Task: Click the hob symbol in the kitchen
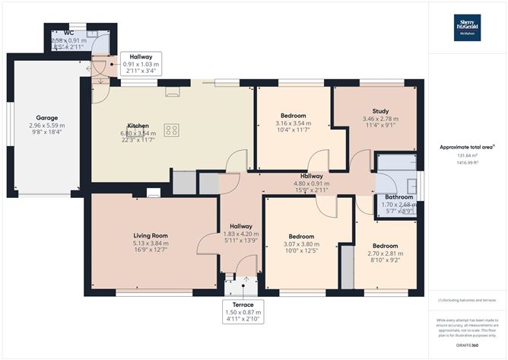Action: click(171, 129)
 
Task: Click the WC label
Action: click(68, 33)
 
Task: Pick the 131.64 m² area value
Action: click(467, 155)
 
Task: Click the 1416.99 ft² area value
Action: click(467, 163)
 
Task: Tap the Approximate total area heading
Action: click(467, 147)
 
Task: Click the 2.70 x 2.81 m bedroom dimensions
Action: click(385, 254)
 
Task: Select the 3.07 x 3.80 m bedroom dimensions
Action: click(302, 244)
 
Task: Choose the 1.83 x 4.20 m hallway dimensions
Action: click(241, 234)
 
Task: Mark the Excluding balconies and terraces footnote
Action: click(467, 302)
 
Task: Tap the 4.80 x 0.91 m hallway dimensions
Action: click(311, 183)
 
